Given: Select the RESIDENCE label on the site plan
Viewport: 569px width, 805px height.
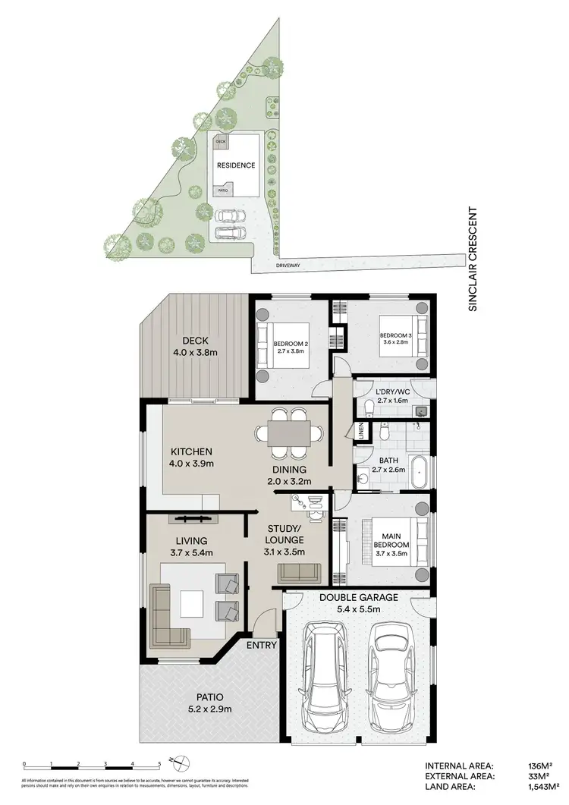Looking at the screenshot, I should (236, 165).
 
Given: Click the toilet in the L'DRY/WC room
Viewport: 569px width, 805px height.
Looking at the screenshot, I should (365, 409).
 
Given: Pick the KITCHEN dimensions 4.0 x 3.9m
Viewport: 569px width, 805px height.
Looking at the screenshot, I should (192, 464).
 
